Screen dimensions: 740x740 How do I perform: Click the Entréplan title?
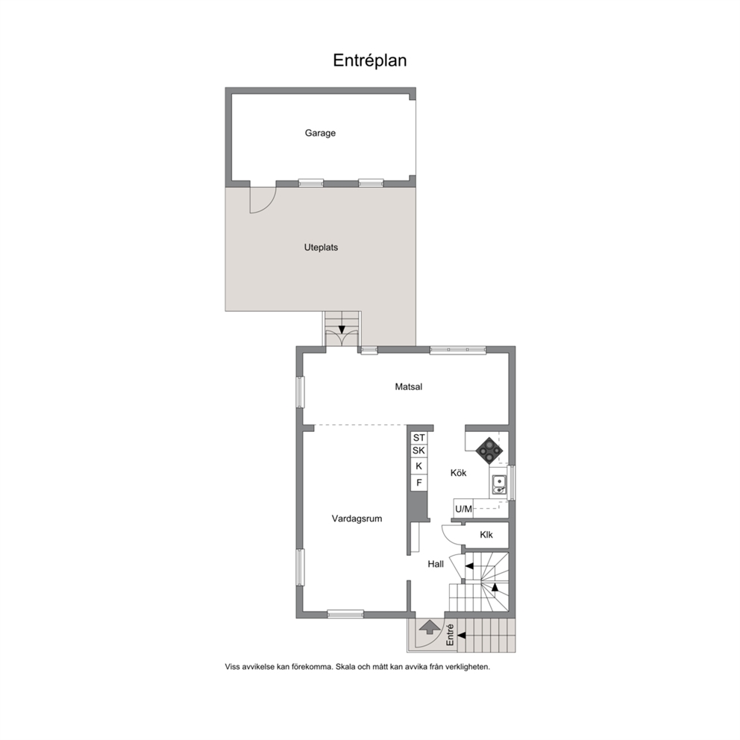point(369,60)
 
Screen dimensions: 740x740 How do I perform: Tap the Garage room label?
point(320,133)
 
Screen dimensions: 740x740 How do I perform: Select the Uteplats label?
point(321,248)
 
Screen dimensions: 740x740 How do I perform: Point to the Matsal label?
point(409,386)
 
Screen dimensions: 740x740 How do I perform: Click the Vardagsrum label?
point(357,518)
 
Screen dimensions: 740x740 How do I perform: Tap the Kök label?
point(458,472)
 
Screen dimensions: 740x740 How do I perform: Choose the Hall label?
point(436,564)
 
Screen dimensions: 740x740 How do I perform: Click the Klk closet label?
point(486,535)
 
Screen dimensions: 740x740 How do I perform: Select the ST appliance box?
point(418,437)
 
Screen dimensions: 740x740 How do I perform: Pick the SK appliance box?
point(418,451)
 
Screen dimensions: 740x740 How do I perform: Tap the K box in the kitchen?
point(418,466)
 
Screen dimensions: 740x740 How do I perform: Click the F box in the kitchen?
point(418,483)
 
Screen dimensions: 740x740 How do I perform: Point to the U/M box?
point(463,509)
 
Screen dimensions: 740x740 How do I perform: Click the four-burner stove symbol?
point(489,451)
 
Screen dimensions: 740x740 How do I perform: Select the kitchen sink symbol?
point(499,485)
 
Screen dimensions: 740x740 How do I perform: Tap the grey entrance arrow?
point(430,627)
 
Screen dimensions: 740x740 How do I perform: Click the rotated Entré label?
point(450,636)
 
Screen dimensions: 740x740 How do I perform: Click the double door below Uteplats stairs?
point(342,338)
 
